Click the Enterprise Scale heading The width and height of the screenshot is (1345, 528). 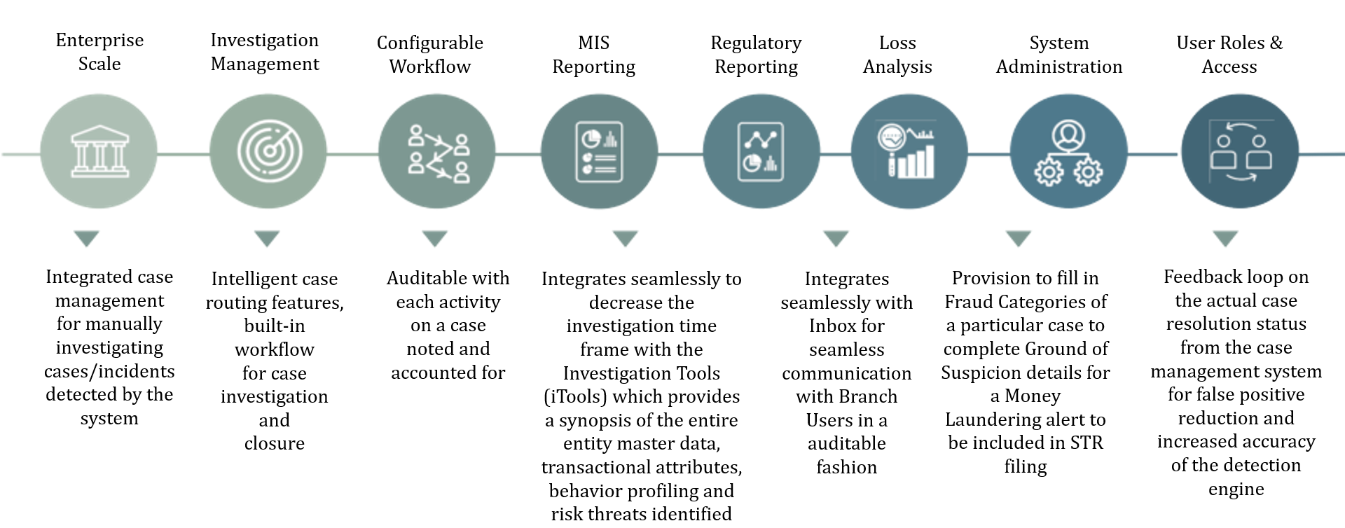[x=99, y=52]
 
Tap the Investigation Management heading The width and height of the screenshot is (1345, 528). [x=265, y=52]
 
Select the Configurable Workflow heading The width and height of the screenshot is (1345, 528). [x=430, y=55]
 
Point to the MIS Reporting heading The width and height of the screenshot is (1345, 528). [x=593, y=55]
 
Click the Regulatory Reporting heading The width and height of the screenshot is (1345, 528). [x=756, y=55]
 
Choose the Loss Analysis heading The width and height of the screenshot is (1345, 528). [x=897, y=55]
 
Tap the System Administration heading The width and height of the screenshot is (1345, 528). [x=1058, y=55]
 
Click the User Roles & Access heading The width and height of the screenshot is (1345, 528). [x=1229, y=55]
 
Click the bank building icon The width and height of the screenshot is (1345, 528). [x=99, y=151]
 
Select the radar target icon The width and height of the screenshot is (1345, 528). [x=269, y=151]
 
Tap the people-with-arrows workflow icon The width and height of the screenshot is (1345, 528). [x=438, y=153]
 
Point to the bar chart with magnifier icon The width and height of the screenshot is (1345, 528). [x=908, y=151]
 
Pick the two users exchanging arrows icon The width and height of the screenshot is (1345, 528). [x=1240, y=153]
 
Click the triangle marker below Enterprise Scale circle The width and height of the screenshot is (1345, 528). [x=87, y=239]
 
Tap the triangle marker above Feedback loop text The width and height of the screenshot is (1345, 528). [x=1225, y=239]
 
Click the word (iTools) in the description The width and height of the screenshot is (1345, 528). [x=575, y=396]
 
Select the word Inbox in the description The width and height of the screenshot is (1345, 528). [x=846, y=326]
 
